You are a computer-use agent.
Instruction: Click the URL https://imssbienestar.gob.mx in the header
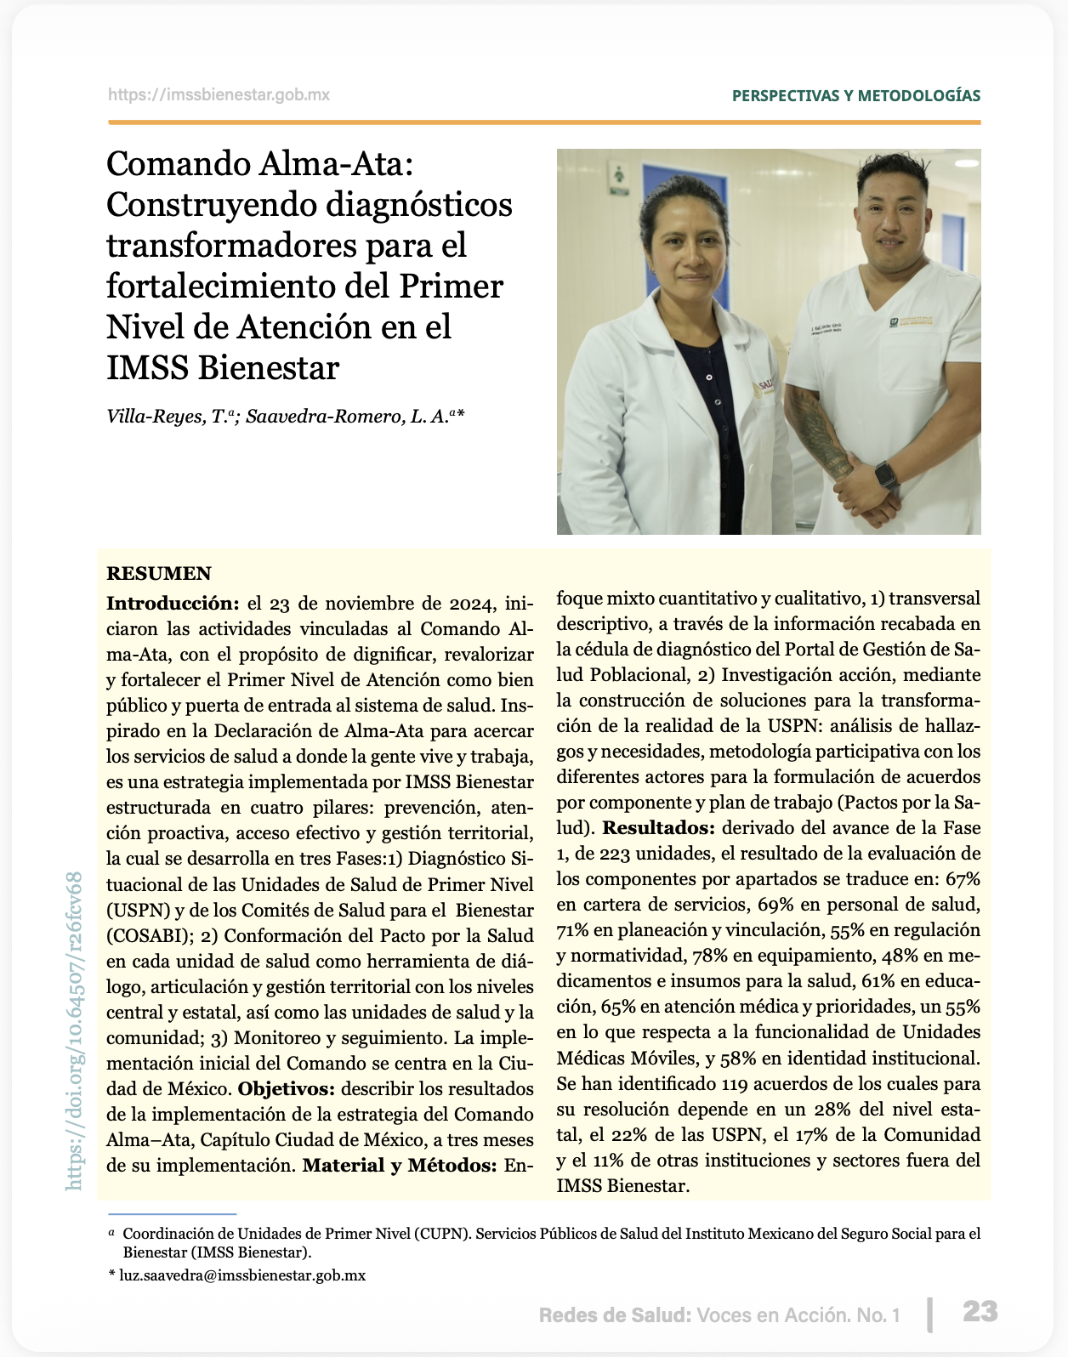[219, 95]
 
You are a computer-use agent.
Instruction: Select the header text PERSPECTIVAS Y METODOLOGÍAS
[855, 95]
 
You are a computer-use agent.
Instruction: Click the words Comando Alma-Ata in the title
[259, 163]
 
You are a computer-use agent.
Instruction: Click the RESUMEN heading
[159, 574]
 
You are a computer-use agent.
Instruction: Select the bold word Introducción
[173, 604]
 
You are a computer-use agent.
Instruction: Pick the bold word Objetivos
[287, 1089]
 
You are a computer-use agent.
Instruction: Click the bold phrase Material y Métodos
[399, 1166]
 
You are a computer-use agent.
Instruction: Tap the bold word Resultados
[658, 828]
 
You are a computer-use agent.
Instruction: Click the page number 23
[980, 1312]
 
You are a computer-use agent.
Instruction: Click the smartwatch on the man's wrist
[886, 474]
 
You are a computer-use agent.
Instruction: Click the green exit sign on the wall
[618, 173]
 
